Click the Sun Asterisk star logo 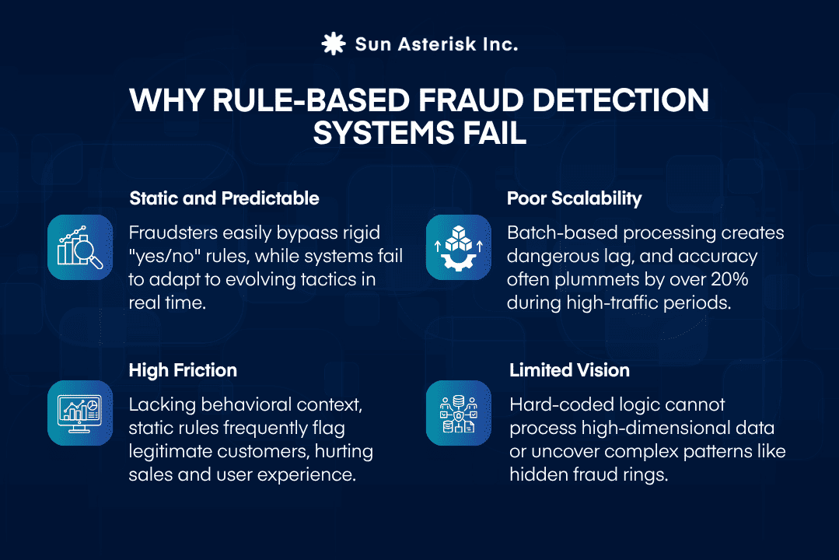[334, 44]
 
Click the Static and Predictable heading [224, 198]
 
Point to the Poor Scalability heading [575, 198]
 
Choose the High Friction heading [183, 370]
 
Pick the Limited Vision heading [569, 370]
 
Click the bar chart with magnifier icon [81, 247]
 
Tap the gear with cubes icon [459, 247]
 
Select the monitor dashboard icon [81, 413]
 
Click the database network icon [459, 413]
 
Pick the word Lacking [159, 404]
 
